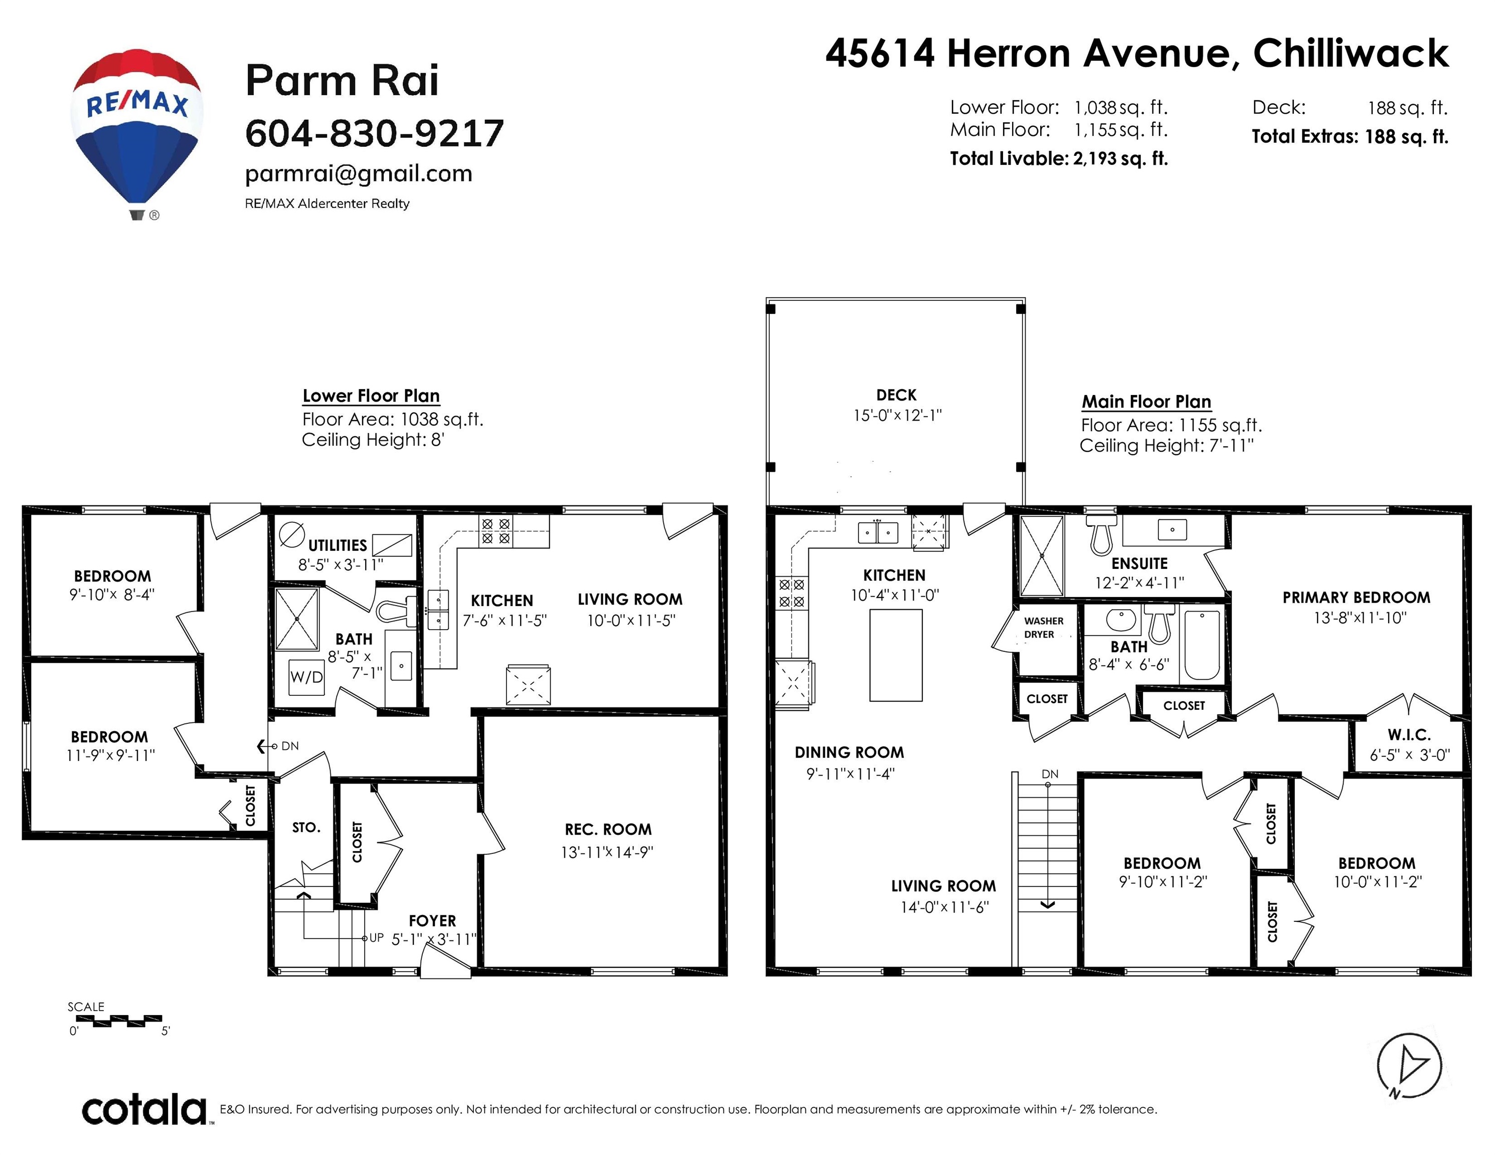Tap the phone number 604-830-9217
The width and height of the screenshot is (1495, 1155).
tap(375, 133)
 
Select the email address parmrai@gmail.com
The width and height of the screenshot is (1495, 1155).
tap(359, 174)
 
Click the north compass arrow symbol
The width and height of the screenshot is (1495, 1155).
tap(1409, 1065)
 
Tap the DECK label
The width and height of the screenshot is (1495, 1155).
tap(896, 395)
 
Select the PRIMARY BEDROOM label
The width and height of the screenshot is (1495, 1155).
tap(1356, 598)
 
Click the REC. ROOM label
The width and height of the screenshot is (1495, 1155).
tap(608, 829)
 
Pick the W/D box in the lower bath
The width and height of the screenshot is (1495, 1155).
tap(306, 677)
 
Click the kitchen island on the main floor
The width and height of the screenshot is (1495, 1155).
tap(895, 655)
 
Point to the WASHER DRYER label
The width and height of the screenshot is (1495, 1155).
tap(1043, 628)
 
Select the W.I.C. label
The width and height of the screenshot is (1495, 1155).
tap(1409, 735)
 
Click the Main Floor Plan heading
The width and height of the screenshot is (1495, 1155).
tap(1146, 402)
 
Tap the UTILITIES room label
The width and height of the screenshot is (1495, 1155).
tap(338, 545)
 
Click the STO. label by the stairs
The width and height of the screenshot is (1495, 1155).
tap(306, 827)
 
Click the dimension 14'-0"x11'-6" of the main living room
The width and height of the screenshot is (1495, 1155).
tap(945, 907)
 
